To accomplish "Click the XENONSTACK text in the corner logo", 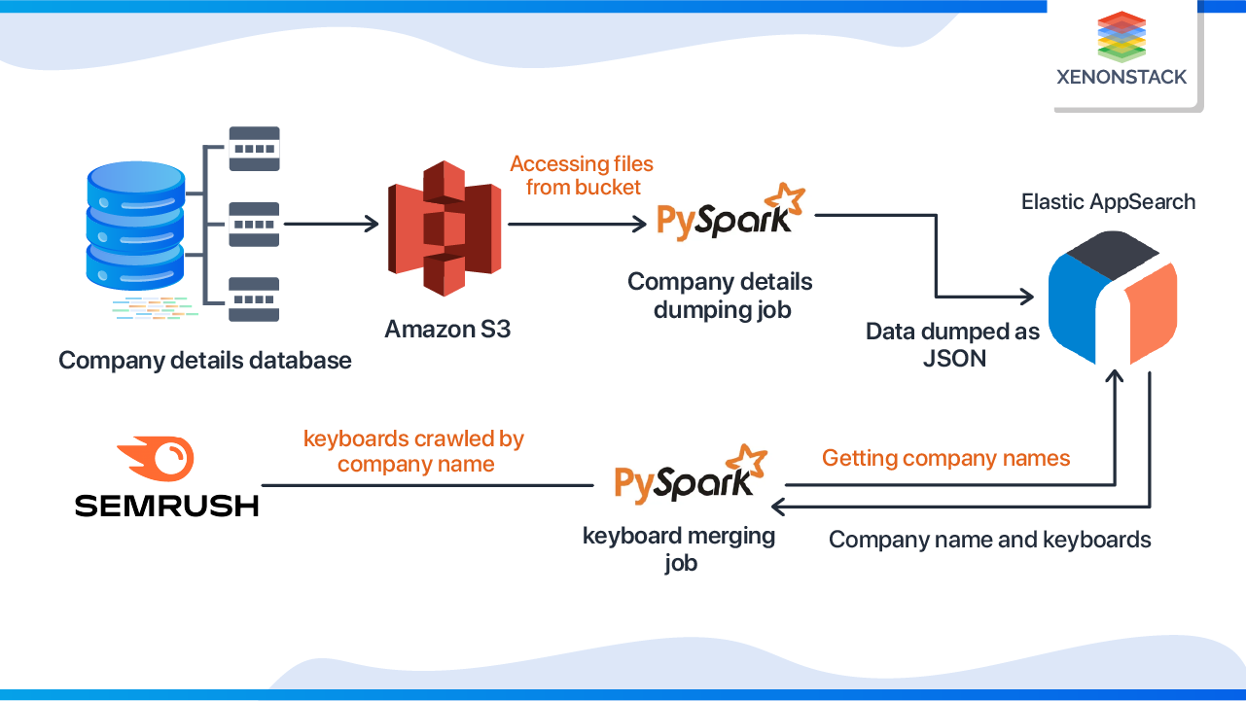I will [x=1121, y=77].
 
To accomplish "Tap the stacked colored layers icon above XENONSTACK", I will [x=1121, y=36].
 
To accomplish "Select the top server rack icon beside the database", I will [x=253, y=148].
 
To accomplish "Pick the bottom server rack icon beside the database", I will [x=253, y=299].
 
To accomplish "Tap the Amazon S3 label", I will [x=447, y=329].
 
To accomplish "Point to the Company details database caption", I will [x=204, y=361].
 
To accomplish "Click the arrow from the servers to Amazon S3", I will [x=330, y=225].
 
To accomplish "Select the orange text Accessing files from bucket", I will [x=582, y=175].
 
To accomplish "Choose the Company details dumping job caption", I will [x=720, y=296].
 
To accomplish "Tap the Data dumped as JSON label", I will [x=953, y=345].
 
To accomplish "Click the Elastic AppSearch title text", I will [x=1108, y=201].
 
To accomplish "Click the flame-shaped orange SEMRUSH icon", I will [x=156, y=458].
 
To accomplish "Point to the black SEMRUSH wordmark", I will [x=166, y=505].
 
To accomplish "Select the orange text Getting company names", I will [x=945, y=458].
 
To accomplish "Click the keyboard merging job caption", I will [x=679, y=548].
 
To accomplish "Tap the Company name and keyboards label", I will [x=989, y=540].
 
